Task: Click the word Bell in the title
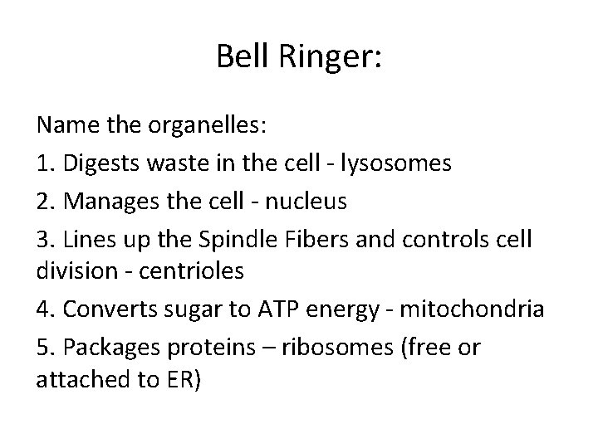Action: (242, 57)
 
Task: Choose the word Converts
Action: (105, 309)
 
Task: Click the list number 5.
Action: (44, 345)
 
